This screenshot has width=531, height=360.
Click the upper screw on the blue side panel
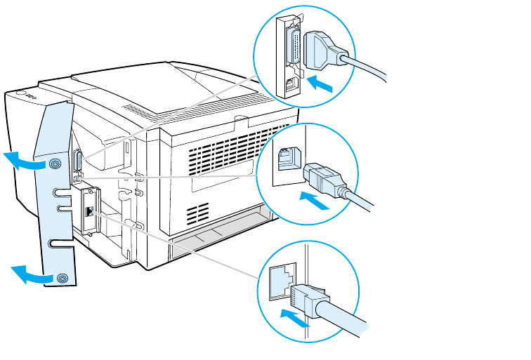click(55, 164)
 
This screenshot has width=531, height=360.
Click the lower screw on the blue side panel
click(63, 278)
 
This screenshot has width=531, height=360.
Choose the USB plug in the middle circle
click(322, 178)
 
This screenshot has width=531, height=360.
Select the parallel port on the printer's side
click(77, 162)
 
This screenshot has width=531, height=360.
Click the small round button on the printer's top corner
click(20, 92)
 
